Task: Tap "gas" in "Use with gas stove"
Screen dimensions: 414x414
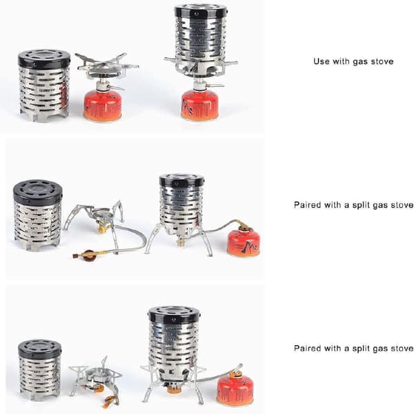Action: pyautogui.click(x=360, y=62)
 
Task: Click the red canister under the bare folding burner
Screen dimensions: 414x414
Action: pyautogui.click(x=102, y=106)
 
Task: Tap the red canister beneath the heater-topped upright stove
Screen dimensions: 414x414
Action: pyautogui.click(x=200, y=106)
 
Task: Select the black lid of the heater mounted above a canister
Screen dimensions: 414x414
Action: pyautogui.click(x=201, y=12)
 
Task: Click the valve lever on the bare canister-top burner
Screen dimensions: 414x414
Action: pyautogui.click(x=117, y=88)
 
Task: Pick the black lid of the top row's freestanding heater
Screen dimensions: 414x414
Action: pyautogui.click(x=44, y=59)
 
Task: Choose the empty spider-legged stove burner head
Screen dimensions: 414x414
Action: pyautogui.click(x=102, y=214)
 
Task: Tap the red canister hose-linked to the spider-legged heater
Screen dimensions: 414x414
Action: pyautogui.click(x=244, y=243)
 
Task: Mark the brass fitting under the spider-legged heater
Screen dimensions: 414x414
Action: pyautogui.click(x=181, y=241)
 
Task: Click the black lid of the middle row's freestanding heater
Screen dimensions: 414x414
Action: pyautogui.click(x=38, y=190)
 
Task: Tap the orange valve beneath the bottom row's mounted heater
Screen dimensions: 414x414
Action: pyautogui.click(x=174, y=390)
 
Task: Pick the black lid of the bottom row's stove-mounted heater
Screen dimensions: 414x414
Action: pyautogui.click(x=173, y=315)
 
